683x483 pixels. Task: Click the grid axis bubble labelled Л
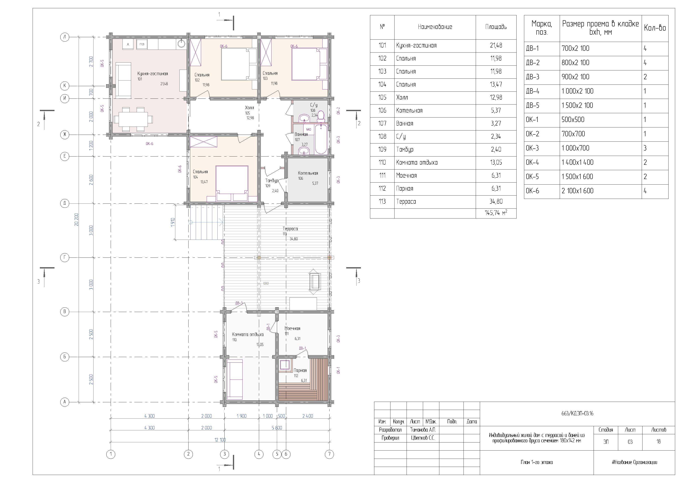[x=65, y=37]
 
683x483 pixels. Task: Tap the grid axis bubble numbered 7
[x=329, y=454]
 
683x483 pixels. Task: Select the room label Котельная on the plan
[x=308, y=173]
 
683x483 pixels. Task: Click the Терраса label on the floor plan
[x=290, y=229]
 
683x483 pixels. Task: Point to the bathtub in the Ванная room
[x=321, y=139]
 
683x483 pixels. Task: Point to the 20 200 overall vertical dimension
[x=77, y=220]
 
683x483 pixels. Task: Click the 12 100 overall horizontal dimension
[x=220, y=440]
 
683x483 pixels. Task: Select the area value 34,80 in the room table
[x=496, y=202]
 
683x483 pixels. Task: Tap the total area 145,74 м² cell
[x=496, y=213]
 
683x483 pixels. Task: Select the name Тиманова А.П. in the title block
[x=423, y=430]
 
